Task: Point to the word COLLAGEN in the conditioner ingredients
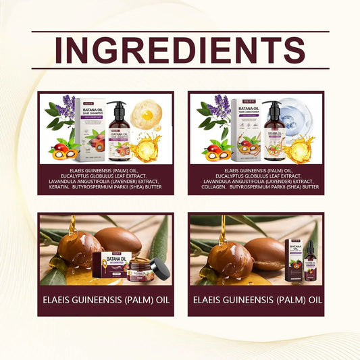pos(215,187)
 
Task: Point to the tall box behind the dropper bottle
pos(294,256)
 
